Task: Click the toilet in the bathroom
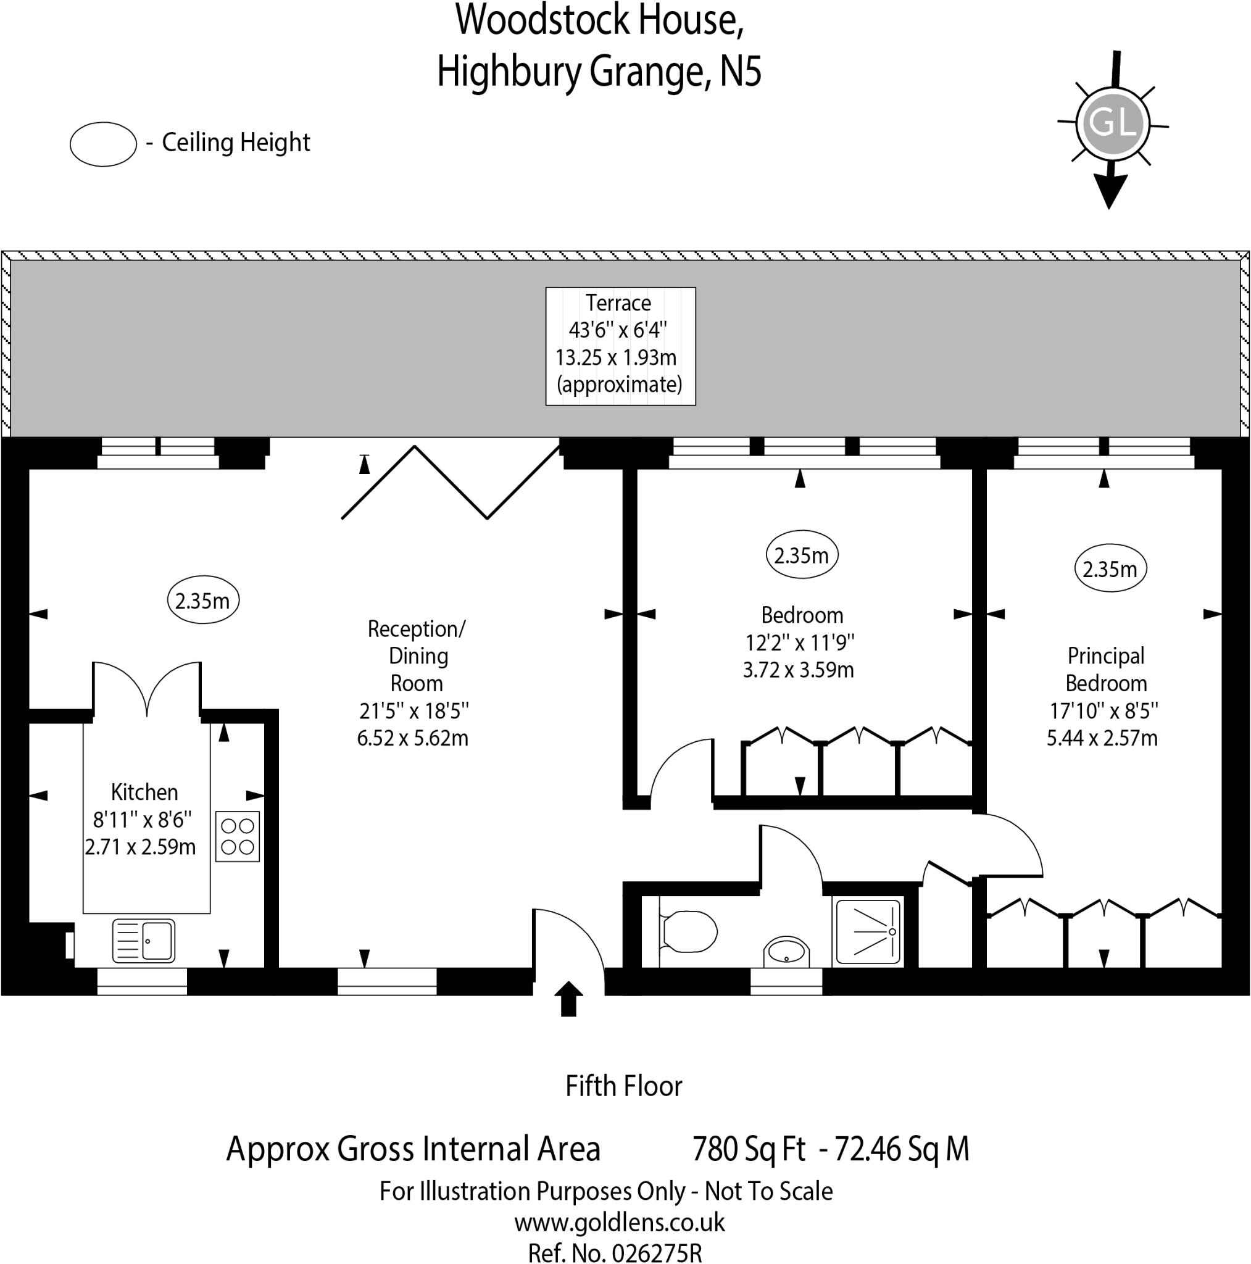[688, 930]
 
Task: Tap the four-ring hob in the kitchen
[238, 837]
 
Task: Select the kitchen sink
[144, 941]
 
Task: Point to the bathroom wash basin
[786, 950]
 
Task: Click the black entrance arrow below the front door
[568, 999]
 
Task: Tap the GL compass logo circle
[1113, 123]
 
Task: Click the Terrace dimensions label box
[620, 346]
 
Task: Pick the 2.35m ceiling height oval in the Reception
[203, 601]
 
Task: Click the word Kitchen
[144, 792]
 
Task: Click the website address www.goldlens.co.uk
[620, 1222]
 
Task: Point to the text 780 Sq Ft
[749, 1149]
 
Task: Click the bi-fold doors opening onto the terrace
[451, 483]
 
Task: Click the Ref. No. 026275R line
[615, 1252]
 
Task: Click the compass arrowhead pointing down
[1110, 192]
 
